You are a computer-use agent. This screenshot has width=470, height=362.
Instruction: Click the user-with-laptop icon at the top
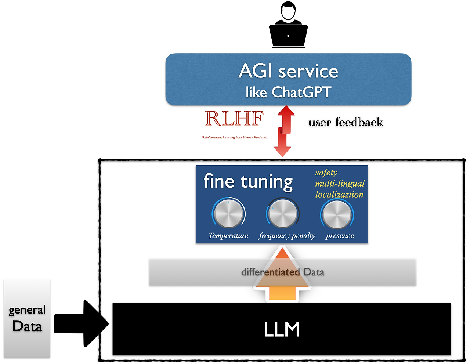[288, 26]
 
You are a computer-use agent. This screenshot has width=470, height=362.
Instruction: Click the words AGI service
[288, 71]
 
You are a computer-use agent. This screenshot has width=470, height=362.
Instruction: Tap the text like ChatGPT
[288, 92]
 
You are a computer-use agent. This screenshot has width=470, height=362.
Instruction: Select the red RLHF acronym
[234, 119]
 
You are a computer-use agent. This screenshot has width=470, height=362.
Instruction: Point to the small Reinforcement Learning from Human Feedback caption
[234, 137]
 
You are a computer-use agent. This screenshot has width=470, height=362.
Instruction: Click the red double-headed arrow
[283, 131]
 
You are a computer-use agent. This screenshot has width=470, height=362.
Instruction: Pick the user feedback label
[346, 122]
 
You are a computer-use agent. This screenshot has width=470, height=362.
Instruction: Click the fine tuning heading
[248, 181]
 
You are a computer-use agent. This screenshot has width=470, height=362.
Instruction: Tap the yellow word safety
[326, 173]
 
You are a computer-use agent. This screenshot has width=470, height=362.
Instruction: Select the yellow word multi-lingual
[340, 183]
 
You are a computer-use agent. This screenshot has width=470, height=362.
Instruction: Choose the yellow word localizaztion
[339, 194]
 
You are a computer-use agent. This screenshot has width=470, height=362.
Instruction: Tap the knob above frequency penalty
[282, 213]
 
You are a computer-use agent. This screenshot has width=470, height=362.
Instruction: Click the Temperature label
[228, 236]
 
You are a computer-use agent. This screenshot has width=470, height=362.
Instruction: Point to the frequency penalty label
[287, 236]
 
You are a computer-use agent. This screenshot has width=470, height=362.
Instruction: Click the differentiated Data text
[282, 272]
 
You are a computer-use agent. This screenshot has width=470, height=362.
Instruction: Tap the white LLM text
[282, 329]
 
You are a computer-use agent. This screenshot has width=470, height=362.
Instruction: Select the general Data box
[27, 318]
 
